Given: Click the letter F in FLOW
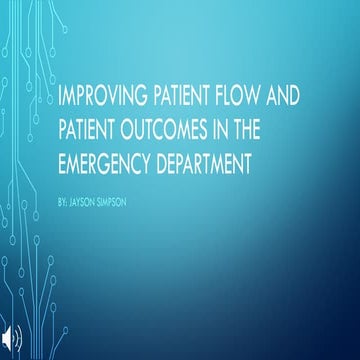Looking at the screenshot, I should point(229,98).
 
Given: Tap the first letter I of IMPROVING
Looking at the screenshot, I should point(63,98).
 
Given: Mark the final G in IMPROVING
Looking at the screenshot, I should point(140,98).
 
